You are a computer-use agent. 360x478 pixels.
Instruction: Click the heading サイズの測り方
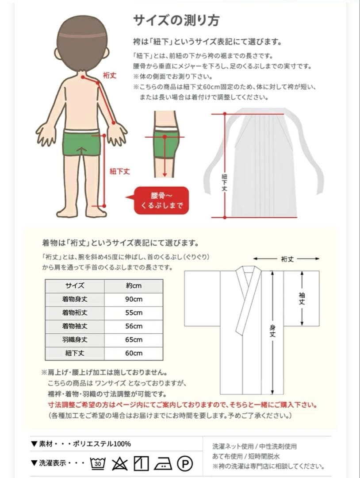click(176, 20)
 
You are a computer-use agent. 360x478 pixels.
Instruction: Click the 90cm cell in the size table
click(134, 299)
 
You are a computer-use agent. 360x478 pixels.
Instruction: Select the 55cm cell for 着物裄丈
click(134, 313)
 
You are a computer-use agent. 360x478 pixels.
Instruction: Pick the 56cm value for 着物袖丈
click(134, 326)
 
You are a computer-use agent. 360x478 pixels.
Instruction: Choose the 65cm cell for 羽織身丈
click(134, 340)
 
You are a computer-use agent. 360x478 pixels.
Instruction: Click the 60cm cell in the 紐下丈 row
click(134, 353)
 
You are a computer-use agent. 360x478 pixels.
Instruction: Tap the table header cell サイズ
click(75, 285)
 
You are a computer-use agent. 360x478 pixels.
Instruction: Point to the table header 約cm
click(134, 285)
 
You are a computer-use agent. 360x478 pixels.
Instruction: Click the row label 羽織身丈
click(75, 340)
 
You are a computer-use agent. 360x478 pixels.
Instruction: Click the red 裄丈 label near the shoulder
click(109, 76)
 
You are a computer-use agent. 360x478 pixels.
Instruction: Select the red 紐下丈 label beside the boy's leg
click(119, 171)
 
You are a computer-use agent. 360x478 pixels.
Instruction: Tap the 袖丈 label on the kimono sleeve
click(302, 298)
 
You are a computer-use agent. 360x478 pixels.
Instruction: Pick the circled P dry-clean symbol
click(185, 463)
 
